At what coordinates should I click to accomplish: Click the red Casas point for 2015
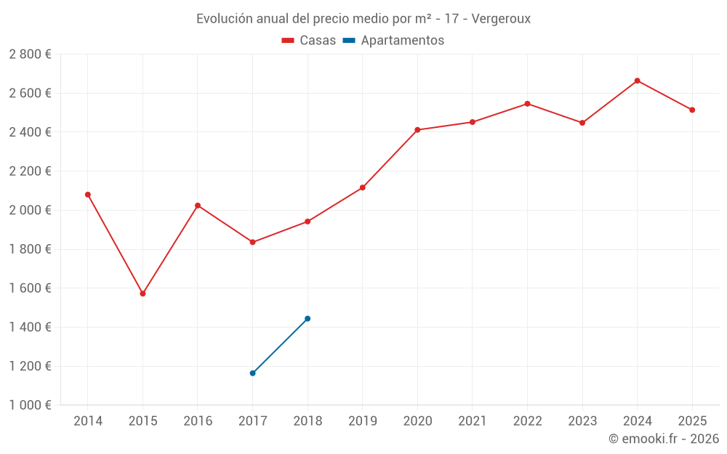[x=142, y=293]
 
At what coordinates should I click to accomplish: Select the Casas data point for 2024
[x=637, y=81]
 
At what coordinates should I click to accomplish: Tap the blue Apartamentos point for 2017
[x=252, y=373]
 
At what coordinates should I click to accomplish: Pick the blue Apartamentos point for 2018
[x=308, y=318]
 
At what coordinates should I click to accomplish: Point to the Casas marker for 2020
[x=417, y=130]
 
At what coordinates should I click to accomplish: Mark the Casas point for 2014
[x=88, y=195]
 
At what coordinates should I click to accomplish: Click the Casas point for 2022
[x=527, y=103]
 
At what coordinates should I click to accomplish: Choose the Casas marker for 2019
[x=363, y=187]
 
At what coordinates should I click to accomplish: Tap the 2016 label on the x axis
[x=198, y=421]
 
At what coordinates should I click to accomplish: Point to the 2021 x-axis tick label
[x=473, y=421]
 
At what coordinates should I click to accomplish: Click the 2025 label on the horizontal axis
[x=692, y=421]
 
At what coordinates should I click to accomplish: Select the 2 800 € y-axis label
[x=30, y=54]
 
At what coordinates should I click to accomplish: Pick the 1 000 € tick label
[x=30, y=405]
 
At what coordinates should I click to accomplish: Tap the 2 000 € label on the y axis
[x=30, y=211]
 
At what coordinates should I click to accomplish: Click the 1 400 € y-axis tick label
[x=30, y=328]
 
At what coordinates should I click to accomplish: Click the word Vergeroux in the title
[x=501, y=19]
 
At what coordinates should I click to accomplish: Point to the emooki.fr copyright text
[x=664, y=439]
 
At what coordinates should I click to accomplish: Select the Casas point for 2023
[x=582, y=123]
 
